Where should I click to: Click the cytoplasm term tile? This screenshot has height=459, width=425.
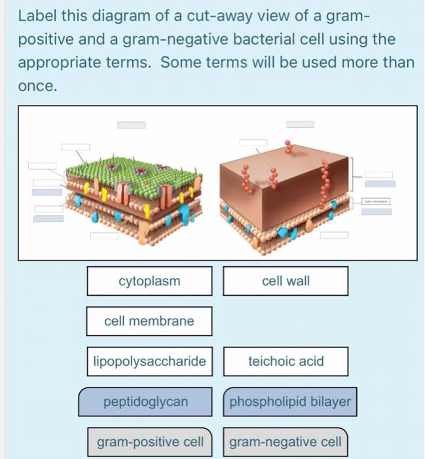(149, 281)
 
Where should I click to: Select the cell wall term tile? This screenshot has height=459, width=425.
(286, 281)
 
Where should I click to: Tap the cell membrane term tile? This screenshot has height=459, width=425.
(149, 321)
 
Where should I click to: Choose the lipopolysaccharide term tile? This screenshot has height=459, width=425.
(149, 361)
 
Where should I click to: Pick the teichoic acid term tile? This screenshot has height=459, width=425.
(286, 361)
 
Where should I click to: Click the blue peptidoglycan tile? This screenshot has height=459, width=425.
(145, 401)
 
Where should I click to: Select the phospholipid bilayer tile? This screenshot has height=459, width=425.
(290, 401)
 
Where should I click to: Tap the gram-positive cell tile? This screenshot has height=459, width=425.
(150, 442)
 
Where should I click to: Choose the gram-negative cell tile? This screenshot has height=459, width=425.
(285, 442)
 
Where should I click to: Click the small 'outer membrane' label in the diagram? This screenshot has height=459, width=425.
(378, 202)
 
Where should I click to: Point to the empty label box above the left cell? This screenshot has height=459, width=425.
(131, 125)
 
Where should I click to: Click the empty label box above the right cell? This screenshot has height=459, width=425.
(300, 124)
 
